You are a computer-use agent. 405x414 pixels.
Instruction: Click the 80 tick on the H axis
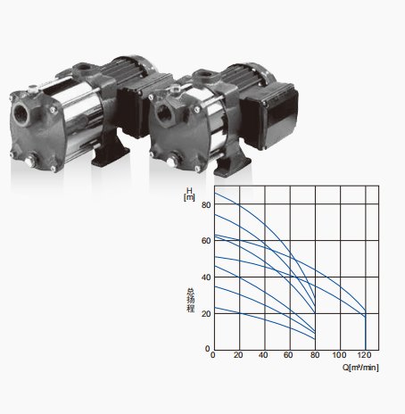coord(206,205)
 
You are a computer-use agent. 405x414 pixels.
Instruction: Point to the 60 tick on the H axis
coord(206,241)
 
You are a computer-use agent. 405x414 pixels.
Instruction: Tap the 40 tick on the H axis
coord(206,277)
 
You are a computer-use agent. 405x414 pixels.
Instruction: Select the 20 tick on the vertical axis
coord(206,314)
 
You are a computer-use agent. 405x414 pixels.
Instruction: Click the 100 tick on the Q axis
coord(339,355)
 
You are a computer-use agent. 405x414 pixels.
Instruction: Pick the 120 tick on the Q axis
coord(364,355)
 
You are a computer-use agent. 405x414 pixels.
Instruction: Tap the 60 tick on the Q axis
coord(288,355)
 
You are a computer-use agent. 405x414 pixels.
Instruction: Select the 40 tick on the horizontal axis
coord(263,355)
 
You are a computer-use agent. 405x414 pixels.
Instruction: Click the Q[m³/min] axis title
coord(360,368)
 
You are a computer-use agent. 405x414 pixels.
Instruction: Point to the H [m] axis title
coord(189,194)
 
